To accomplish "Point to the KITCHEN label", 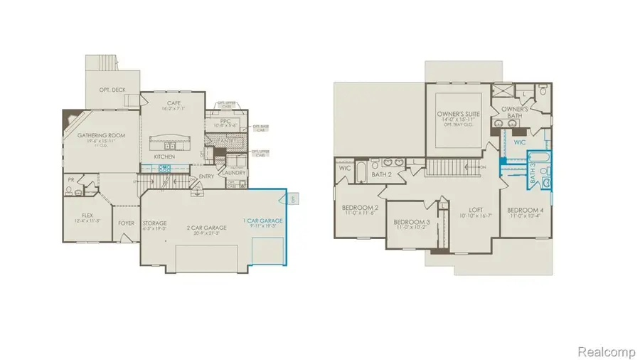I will pyautogui.click(x=165, y=156).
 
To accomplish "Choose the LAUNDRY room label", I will pyautogui.click(x=234, y=172).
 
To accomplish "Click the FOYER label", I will pyautogui.click(x=127, y=223).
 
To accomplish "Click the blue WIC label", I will pyautogui.click(x=521, y=142).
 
